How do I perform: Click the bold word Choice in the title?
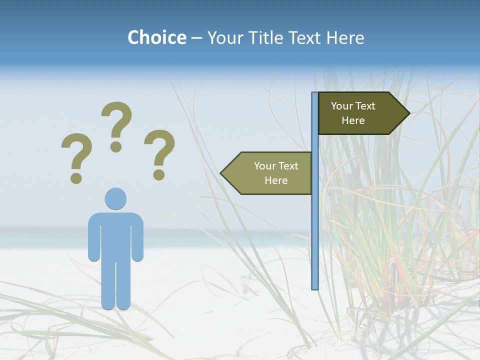click(156, 37)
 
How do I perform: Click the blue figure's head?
click(115, 198)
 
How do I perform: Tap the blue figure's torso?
click(115, 235)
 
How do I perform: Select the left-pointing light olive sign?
click(270, 173)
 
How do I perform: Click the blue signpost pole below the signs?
click(315, 240)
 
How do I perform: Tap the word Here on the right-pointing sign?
click(353, 120)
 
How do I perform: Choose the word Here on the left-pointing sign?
click(276, 180)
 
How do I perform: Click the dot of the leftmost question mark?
click(76, 177)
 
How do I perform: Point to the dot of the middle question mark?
click(116, 146)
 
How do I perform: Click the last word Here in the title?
click(345, 37)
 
